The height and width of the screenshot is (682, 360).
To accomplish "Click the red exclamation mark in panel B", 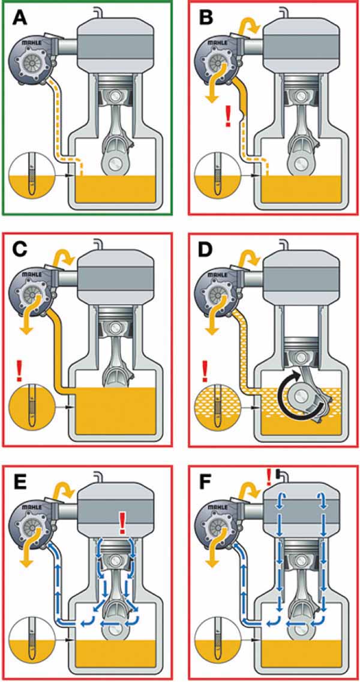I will pos(227,115).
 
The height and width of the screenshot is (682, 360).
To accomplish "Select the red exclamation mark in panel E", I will pos(123,522).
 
